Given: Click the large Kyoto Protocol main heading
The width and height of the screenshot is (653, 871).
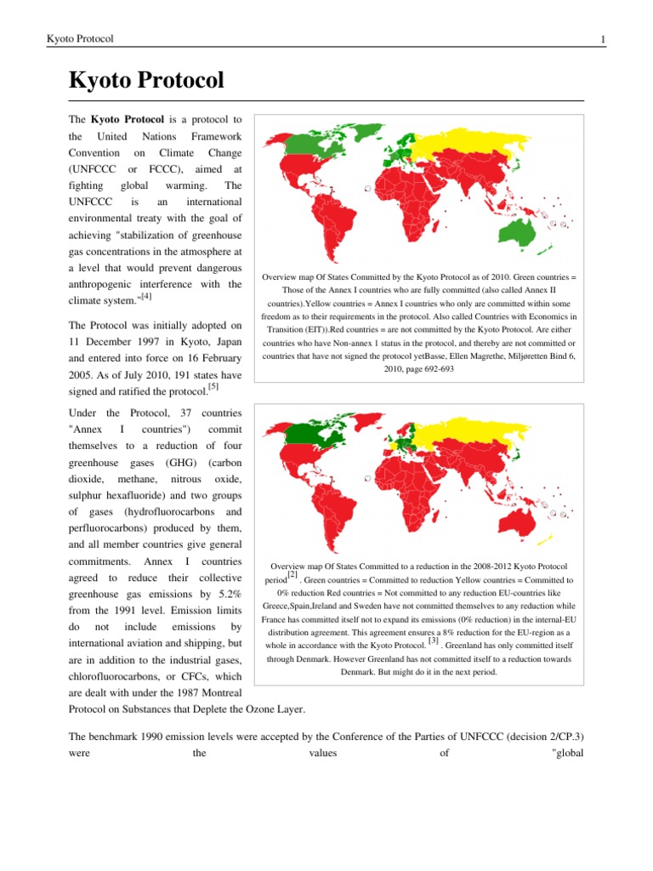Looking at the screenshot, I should click(x=146, y=81).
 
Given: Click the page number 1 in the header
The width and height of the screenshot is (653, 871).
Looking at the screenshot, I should click(x=602, y=40).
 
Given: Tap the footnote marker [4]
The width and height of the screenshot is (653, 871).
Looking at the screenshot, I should click(x=147, y=297).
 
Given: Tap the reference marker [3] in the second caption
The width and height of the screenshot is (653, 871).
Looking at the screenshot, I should click(x=433, y=640).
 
